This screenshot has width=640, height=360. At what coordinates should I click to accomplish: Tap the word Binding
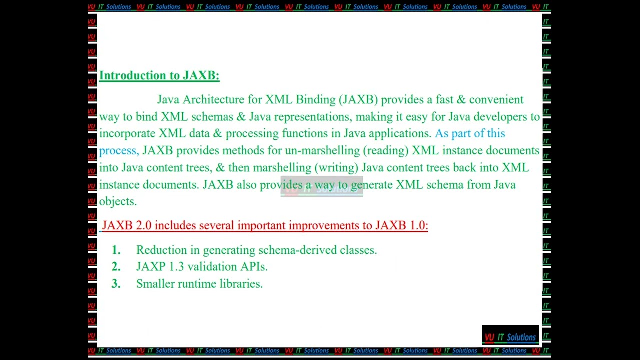tap(316, 100)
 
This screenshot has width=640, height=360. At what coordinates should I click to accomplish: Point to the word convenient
tap(496, 100)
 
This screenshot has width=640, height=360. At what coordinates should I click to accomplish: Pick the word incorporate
tap(127, 134)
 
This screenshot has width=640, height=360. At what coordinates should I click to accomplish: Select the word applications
tap(399, 134)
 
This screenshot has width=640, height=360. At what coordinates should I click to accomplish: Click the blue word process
tap(118, 151)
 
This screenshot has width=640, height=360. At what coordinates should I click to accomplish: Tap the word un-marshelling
tap(322, 151)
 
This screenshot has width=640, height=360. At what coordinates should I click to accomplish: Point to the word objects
tap(117, 202)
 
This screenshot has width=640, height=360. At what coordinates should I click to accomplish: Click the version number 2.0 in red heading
tap(143, 226)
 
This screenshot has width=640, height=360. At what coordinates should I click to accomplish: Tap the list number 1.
tap(116, 250)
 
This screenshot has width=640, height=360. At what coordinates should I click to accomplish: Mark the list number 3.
tap(116, 284)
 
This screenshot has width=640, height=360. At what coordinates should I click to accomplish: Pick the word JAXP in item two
tap(150, 267)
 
